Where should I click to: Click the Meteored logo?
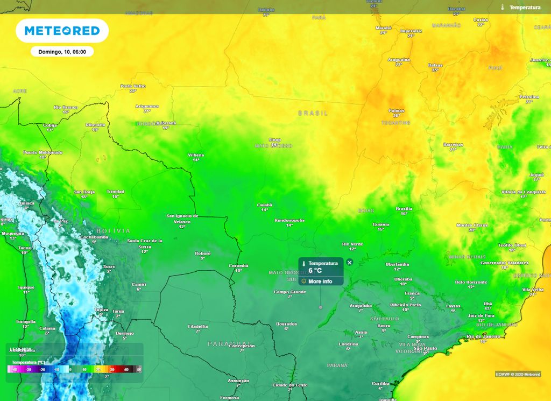point(62,31)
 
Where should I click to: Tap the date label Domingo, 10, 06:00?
point(62,52)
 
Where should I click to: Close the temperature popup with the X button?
point(350,263)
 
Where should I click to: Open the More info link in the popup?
point(320,282)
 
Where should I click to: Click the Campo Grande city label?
point(289,292)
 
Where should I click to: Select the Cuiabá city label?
point(264,205)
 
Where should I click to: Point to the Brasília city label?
point(404,209)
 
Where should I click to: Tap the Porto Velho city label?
point(133,86)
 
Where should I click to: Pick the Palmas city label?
point(396,111)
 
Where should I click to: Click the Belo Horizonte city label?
point(471,282)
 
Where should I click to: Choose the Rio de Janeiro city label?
point(483,336)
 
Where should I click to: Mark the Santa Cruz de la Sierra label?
point(145,243)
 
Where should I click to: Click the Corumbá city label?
point(238,266)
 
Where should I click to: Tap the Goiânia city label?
point(381,224)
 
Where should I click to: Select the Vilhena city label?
point(196,155)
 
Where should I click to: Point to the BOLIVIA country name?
point(113,231)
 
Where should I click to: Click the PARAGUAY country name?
point(230,343)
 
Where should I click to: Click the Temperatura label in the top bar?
point(525,8)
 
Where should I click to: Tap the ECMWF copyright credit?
point(518,374)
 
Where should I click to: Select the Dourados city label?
point(286,324)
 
